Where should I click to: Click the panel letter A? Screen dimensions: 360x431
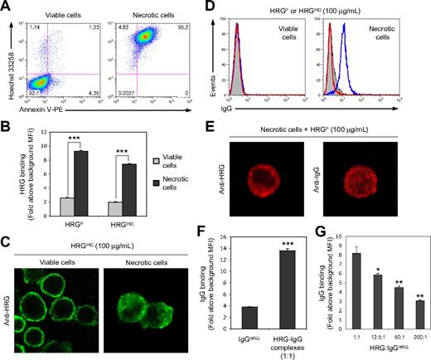click(7, 7)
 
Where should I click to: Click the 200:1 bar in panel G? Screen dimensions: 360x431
click(419, 319)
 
